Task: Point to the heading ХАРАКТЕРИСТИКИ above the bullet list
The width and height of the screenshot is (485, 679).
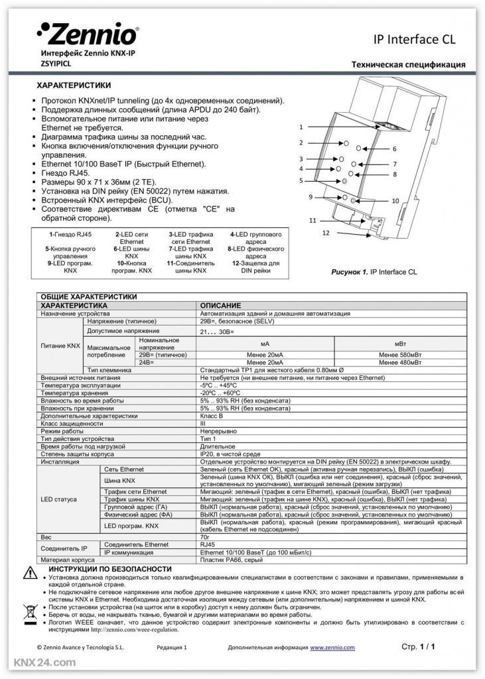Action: [73, 86]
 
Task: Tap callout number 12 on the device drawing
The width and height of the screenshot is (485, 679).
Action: [326, 233]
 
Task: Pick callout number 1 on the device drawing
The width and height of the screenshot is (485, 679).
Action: [301, 126]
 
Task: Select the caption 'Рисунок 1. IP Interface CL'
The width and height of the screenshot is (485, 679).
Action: [374, 272]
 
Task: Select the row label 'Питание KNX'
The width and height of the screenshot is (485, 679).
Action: [60, 346]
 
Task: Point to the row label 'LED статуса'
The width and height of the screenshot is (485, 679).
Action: [59, 499]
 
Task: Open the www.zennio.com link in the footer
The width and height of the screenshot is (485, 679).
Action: [332, 647]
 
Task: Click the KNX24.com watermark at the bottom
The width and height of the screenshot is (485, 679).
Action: [44, 662]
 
